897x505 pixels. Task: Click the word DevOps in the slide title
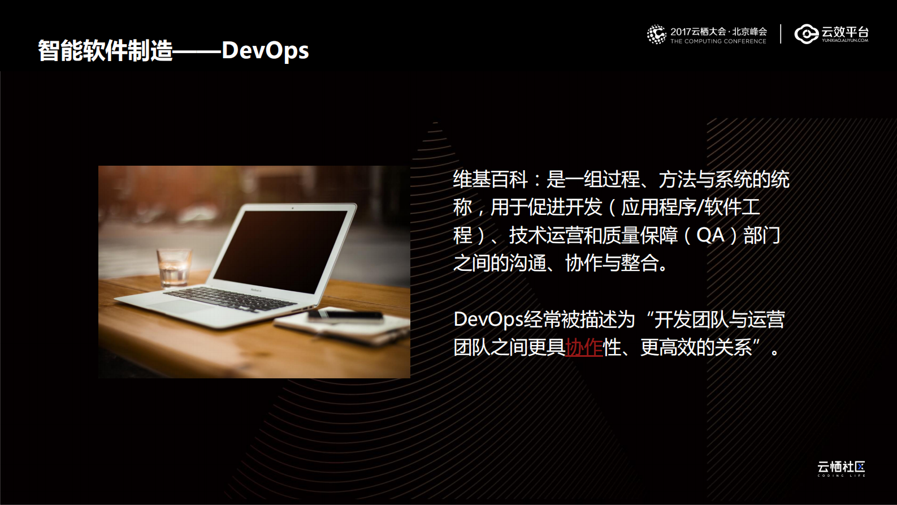tap(265, 51)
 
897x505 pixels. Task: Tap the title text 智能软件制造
tap(105, 51)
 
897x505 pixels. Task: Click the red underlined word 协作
tap(584, 347)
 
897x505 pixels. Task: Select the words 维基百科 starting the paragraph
tap(490, 180)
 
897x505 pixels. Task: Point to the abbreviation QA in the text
tap(710, 235)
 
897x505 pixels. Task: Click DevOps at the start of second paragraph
tap(488, 320)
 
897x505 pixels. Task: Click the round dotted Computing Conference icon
tap(656, 34)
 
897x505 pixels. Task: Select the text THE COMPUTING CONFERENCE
tap(718, 41)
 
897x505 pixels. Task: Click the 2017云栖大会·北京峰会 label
tap(718, 32)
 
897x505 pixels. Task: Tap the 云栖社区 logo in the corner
tap(841, 468)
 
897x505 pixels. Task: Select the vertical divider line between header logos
tap(781, 34)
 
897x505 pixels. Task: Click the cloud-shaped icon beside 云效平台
tap(806, 34)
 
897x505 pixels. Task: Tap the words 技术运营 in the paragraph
tap(546, 235)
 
